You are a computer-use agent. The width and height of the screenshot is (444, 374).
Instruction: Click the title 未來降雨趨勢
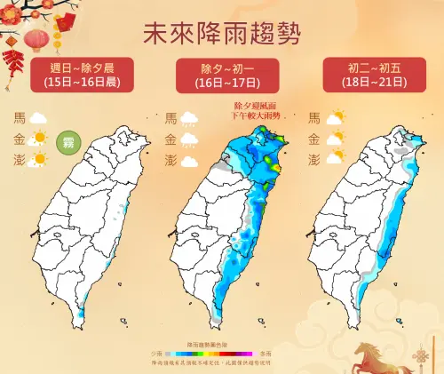221,33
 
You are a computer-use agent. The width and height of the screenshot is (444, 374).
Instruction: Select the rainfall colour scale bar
221,351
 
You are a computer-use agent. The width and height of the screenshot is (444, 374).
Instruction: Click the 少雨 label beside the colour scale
157,351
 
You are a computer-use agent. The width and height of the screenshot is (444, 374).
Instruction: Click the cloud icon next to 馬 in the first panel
38,116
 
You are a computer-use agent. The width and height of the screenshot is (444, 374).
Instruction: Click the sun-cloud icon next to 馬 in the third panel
335,116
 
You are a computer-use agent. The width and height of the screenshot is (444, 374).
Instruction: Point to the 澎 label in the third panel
313,160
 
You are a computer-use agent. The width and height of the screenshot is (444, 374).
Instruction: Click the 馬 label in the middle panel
170,116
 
